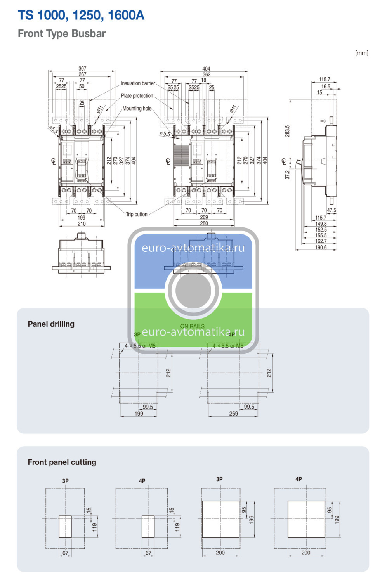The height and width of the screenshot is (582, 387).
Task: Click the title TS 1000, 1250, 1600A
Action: coord(81,15)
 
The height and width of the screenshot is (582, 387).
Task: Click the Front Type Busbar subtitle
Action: coord(62,34)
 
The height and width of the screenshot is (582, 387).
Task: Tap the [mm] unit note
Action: coord(361,53)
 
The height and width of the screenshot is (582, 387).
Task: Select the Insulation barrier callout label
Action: coord(138,83)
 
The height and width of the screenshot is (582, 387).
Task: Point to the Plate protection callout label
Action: coord(137,96)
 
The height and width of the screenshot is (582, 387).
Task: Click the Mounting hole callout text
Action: coord(137,109)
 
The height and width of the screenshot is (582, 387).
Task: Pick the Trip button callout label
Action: coord(137,214)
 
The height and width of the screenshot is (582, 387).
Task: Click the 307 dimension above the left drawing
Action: coord(82,69)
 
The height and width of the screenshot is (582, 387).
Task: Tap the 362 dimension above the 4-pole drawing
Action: coord(207,74)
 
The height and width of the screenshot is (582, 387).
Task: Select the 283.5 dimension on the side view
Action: coord(287,131)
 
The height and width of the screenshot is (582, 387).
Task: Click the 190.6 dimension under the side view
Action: coord(321,248)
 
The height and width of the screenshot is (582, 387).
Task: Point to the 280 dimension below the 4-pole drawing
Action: coord(204,223)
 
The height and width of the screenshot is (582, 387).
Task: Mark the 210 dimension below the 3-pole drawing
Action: coord(82,223)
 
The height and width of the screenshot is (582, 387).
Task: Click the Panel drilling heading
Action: coord(51,324)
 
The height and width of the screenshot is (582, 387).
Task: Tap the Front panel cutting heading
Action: coord(62,462)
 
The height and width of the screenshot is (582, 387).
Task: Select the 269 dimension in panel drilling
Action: coord(233,414)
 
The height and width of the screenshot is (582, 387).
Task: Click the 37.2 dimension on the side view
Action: coord(287,175)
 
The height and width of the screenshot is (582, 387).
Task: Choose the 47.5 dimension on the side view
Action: coord(331,210)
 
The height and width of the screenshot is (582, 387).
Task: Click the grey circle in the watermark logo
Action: coord(193,290)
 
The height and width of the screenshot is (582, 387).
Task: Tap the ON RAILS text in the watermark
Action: coord(192,326)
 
